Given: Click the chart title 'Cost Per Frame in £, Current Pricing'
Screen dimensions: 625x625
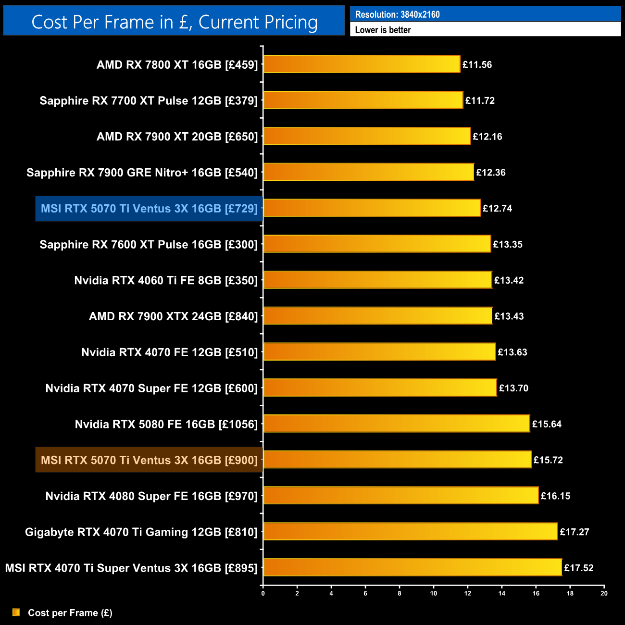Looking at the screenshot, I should pyautogui.click(x=174, y=22).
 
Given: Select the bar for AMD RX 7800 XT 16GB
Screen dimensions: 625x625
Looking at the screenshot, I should pyautogui.click(x=362, y=64).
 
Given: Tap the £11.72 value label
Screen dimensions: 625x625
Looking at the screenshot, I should pyautogui.click(x=480, y=100).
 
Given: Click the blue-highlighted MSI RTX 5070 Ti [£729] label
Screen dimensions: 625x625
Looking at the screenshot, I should pyautogui.click(x=149, y=209).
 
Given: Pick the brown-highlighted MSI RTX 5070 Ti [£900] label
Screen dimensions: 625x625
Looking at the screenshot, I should pyautogui.click(x=149, y=460).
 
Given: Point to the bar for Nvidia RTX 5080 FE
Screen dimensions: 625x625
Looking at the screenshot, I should pyautogui.click(x=397, y=424).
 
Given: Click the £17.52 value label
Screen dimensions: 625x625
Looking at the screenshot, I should pyautogui.click(x=579, y=568).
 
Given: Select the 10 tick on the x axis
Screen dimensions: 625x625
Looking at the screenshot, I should pyautogui.click(x=434, y=593).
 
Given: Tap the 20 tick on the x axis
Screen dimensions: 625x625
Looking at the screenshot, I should pyautogui.click(x=604, y=593).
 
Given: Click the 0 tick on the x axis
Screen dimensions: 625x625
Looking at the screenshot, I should pyautogui.click(x=263, y=593).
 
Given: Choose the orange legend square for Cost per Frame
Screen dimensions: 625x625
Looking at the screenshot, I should pyautogui.click(x=16, y=612).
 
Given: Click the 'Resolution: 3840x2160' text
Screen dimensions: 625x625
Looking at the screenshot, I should pyautogui.click(x=397, y=14).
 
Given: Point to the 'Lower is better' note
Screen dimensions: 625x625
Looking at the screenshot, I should pyautogui.click(x=383, y=30).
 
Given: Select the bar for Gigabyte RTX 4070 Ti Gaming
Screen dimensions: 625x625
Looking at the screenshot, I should pyautogui.click(x=411, y=532).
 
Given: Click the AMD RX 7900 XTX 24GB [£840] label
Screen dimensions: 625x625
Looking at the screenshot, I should pyautogui.click(x=173, y=316).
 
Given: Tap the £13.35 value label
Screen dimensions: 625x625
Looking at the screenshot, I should pyautogui.click(x=508, y=244).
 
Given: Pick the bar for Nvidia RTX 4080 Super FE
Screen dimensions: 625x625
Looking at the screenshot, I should pyautogui.click(x=401, y=496).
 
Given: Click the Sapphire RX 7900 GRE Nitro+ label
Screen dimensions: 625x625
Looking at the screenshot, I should pyautogui.click(x=142, y=173).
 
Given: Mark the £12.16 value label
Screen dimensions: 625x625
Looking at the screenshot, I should pyautogui.click(x=487, y=137).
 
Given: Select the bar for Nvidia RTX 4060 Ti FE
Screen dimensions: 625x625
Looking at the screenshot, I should pyautogui.click(x=378, y=280).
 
